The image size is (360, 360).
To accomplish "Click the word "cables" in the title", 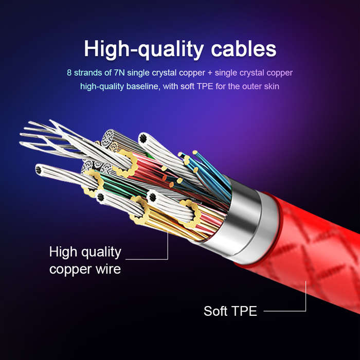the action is tap(244, 49).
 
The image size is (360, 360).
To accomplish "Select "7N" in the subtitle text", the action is tap(119, 73).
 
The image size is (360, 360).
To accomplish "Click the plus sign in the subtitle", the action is tap(210, 73).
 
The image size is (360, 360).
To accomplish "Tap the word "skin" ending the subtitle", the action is tap(272, 86).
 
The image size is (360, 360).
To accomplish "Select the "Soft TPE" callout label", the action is tap(230, 311).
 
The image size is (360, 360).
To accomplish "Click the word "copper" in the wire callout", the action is tap(71, 269).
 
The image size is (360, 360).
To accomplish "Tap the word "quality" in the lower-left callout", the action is tap(101, 253).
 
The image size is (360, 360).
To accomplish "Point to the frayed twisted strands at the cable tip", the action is tap(55, 138).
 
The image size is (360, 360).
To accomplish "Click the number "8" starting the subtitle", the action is tap(69, 73).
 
